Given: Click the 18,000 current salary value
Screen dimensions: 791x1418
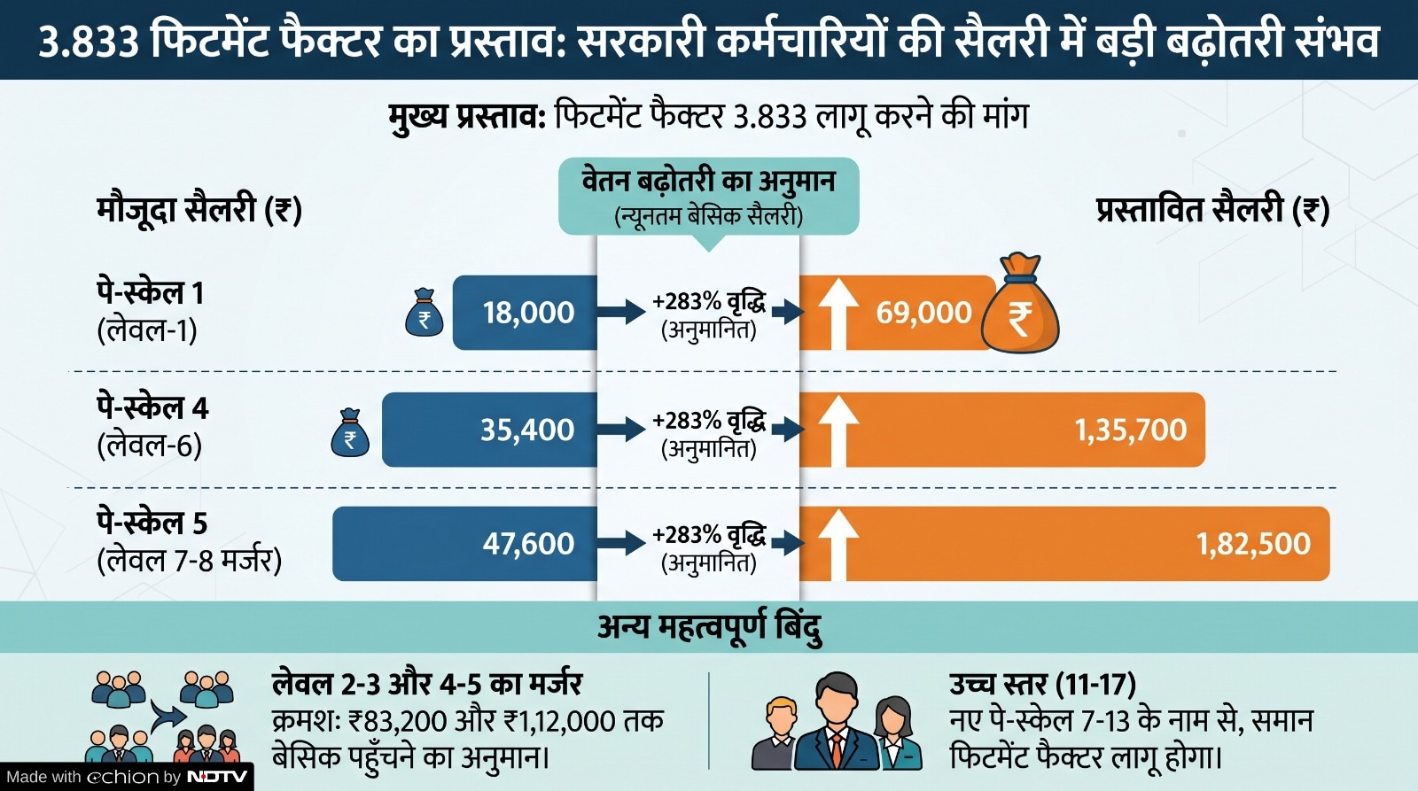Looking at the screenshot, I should coord(528,313).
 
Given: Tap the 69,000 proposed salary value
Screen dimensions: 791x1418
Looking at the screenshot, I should coord(923,313).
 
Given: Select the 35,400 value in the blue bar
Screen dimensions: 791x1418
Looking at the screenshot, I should coord(527,430).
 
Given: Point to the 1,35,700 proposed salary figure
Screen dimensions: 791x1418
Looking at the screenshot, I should coord(1130,430).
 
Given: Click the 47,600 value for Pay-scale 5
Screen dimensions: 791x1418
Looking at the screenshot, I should coord(528,543).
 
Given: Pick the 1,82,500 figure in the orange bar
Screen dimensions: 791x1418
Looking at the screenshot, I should coord(1252,543).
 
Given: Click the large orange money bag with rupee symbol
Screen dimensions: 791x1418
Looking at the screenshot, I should coord(1020,306).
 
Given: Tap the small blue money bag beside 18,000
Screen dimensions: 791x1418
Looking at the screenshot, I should coord(425,313).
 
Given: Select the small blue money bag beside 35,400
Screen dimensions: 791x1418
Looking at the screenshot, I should coord(350,433).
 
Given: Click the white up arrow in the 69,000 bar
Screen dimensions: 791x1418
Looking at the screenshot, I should coord(838,313).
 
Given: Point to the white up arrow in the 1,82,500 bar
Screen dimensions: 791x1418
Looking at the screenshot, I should coord(838,543).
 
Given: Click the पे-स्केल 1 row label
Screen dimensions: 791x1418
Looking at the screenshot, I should coord(151,292).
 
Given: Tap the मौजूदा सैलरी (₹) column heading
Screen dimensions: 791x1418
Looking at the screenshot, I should coord(199,210).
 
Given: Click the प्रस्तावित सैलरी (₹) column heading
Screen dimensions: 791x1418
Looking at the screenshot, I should coord(1212,210).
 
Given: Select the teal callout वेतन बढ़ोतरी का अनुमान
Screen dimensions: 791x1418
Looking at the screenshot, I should coord(708,196).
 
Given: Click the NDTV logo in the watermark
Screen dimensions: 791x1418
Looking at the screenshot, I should coord(217,777).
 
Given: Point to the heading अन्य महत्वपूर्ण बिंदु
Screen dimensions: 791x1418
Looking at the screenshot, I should coord(709,627).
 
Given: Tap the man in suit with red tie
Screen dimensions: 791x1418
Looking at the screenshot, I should coord(837,722).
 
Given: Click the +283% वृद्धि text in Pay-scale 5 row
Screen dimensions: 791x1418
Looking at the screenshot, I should coord(708,535).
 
